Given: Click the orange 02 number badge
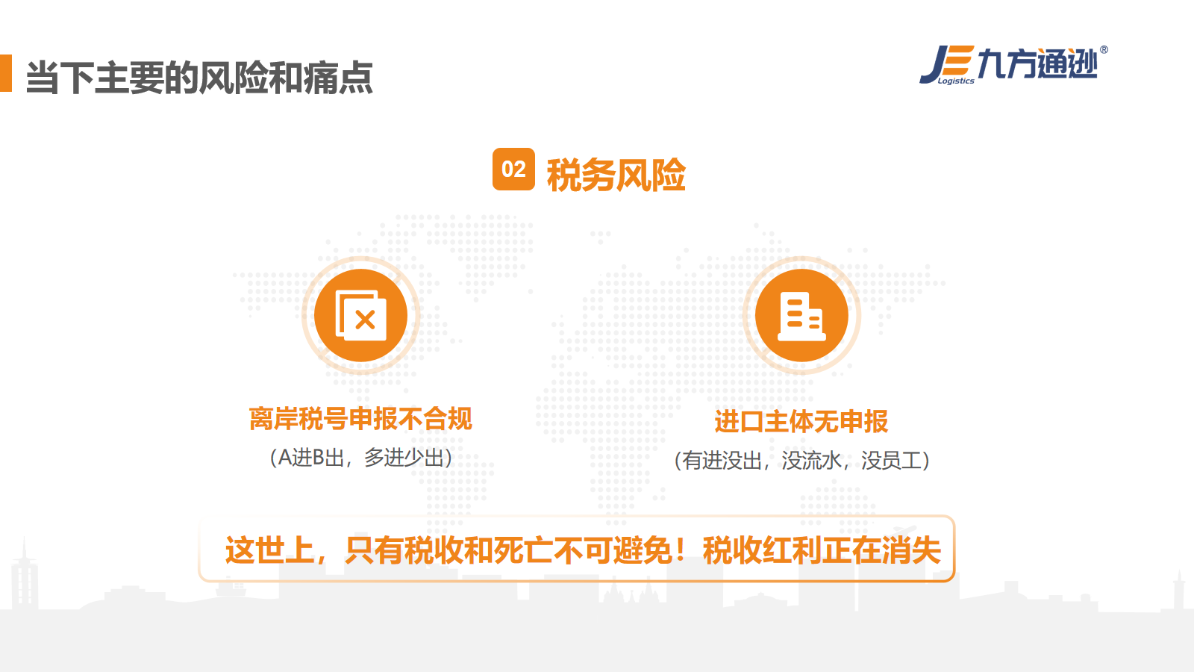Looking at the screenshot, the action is (513, 169).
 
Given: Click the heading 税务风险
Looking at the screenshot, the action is (616, 175).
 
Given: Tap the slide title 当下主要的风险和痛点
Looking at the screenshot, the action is (199, 78).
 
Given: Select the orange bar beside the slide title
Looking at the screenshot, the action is (6, 73).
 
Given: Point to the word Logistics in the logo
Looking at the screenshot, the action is (956, 81).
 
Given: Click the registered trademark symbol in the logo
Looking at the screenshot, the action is (1104, 49).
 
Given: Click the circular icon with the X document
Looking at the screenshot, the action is (361, 315).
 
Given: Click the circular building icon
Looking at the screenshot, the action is (801, 315).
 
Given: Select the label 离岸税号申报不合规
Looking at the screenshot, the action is (360, 419).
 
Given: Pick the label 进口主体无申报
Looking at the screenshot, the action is (801, 421).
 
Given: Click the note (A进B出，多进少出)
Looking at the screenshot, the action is (361, 458).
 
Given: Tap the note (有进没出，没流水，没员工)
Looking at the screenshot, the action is (801, 460).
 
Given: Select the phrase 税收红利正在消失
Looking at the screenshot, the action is (822, 550).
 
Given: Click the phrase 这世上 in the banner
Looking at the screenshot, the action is (269, 550).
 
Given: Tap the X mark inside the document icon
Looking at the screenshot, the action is (365, 320).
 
